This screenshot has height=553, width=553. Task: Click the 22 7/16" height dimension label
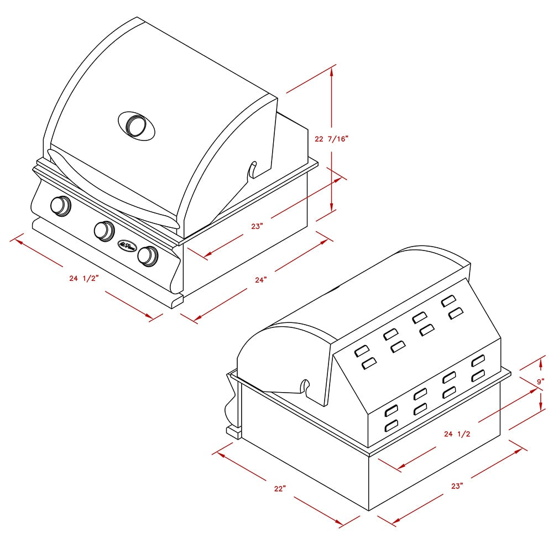331,139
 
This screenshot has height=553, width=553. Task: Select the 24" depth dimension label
261,280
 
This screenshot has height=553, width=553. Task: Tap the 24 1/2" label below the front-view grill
84,278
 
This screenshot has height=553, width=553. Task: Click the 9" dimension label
540,382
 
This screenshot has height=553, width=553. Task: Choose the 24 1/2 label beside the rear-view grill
457,434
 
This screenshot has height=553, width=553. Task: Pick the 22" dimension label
280,488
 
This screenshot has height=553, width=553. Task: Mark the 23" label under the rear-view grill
456,486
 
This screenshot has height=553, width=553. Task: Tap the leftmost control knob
60,205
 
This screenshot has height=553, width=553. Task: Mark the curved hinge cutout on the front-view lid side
252,169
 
